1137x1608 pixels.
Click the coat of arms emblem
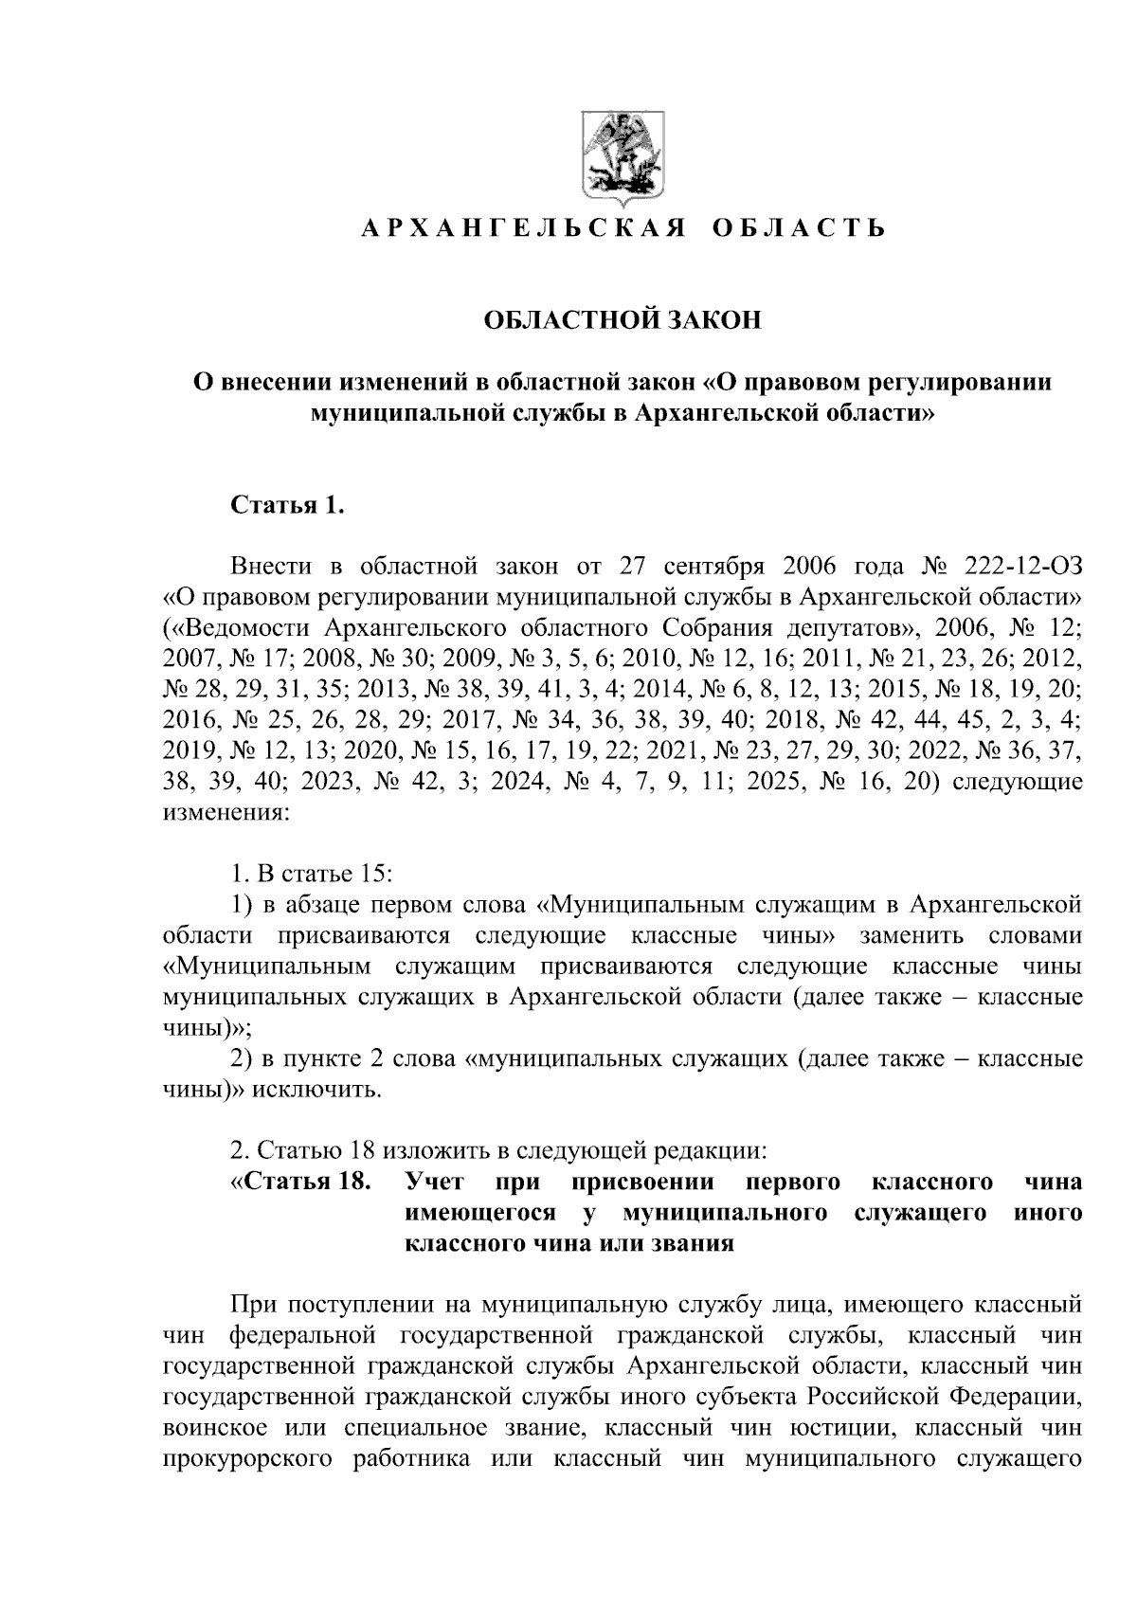[x=622, y=160]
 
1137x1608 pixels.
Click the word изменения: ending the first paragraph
[x=220, y=812]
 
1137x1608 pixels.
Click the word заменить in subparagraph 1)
[x=911, y=935]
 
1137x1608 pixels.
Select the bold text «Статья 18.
[x=299, y=1183]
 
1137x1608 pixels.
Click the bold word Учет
[x=433, y=1183]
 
